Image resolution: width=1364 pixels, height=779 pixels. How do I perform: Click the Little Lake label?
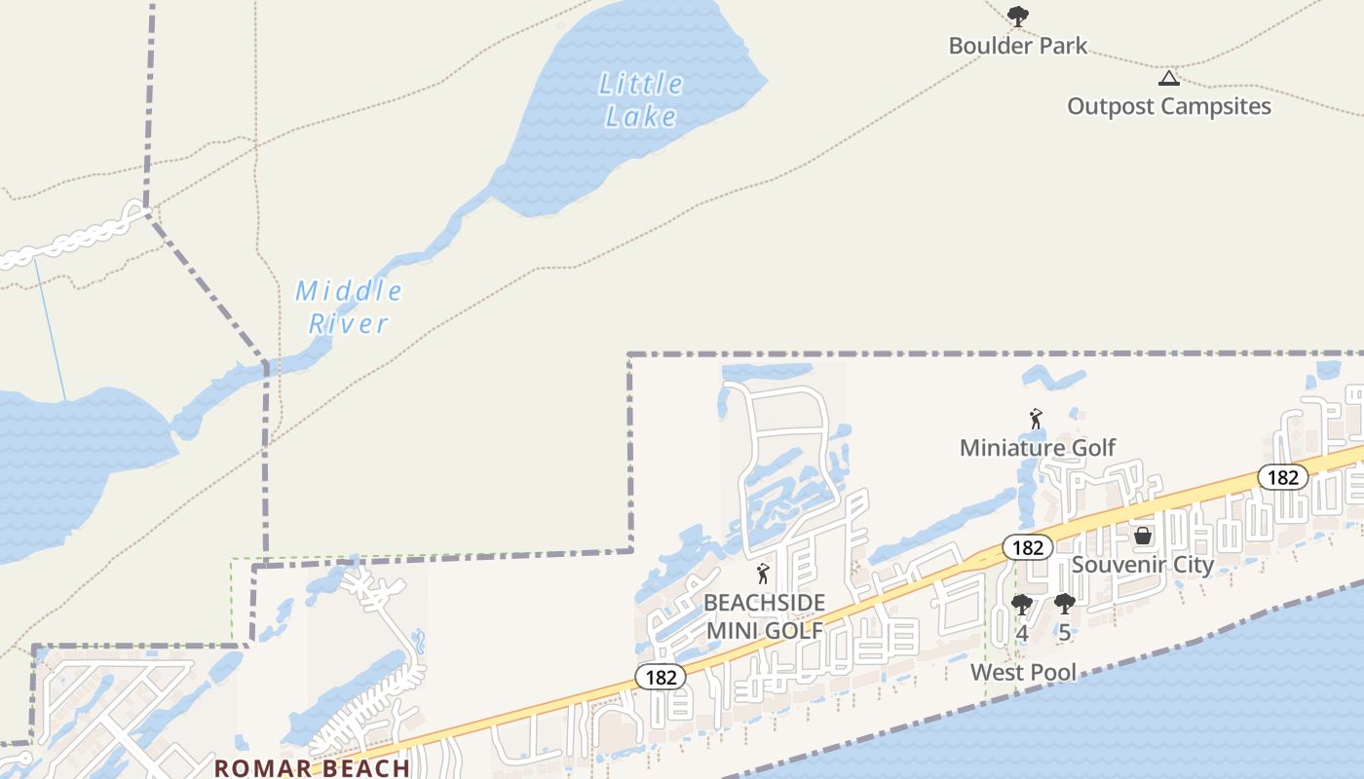tap(640, 100)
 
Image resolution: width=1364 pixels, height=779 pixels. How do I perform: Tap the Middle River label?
tap(349, 307)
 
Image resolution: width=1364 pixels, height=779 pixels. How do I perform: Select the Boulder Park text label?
tap(1017, 46)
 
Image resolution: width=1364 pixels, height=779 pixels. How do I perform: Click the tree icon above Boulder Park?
tap(1018, 17)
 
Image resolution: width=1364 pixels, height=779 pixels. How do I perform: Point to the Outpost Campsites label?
tap(1168, 106)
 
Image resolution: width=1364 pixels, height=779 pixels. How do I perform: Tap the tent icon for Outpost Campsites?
tap(1168, 78)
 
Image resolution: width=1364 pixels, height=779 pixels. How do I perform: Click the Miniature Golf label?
tap(1038, 448)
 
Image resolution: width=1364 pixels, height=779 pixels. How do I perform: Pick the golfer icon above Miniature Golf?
tap(1036, 420)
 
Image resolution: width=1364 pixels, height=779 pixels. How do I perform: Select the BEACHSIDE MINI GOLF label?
tap(765, 616)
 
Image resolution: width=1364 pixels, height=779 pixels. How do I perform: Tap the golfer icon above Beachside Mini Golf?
tap(763, 574)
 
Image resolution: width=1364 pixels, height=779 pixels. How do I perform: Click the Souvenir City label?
tap(1143, 565)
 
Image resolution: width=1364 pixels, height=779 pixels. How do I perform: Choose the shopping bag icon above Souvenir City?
tap(1143, 536)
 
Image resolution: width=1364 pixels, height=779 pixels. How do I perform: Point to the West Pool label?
tap(1023, 672)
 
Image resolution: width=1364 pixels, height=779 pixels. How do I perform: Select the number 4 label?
tap(1021, 633)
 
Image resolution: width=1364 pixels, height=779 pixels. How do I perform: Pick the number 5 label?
tap(1065, 633)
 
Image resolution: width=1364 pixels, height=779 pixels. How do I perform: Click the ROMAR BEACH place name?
tap(312, 768)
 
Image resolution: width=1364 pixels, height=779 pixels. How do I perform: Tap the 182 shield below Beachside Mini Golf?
tap(661, 677)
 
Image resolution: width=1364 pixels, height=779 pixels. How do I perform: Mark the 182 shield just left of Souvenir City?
tap(1027, 547)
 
